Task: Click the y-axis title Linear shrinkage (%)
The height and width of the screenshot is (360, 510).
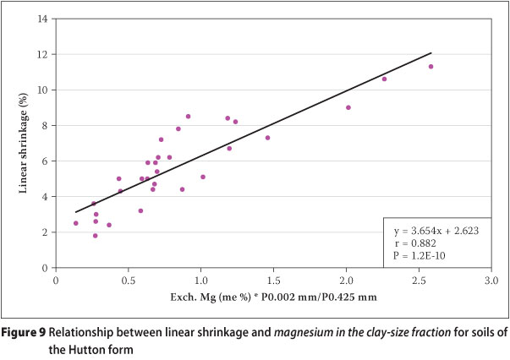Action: [x=26, y=144]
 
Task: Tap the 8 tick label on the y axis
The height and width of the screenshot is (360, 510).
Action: [x=47, y=125]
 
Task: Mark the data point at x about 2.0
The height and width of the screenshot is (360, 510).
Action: [x=348, y=107]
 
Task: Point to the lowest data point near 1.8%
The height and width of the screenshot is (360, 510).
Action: [x=96, y=236]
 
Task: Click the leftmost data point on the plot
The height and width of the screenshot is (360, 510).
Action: [x=76, y=223]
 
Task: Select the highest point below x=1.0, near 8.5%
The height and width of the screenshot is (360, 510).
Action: [x=188, y=117]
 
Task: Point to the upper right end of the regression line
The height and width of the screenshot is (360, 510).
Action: [x=431, y=52]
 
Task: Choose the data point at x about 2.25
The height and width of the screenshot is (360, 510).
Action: [x=384, y=79]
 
